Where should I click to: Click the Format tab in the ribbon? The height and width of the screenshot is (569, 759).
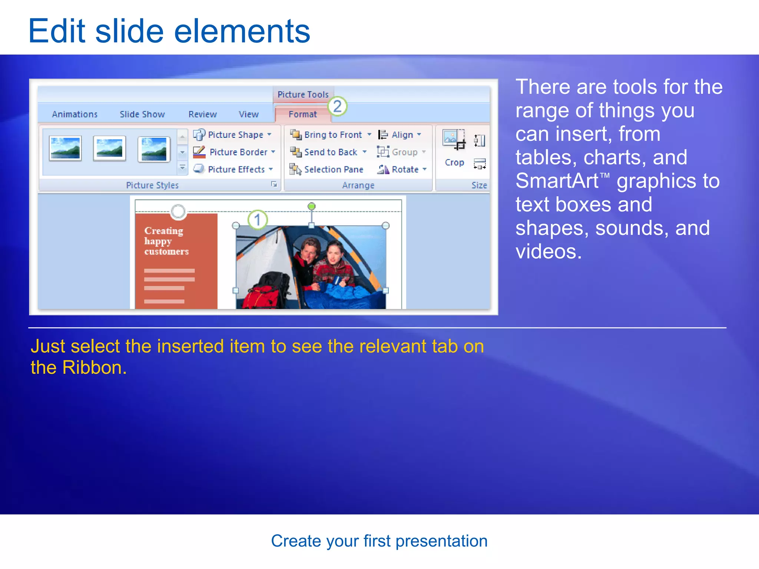coord(302,114)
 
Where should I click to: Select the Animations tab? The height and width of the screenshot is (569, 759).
coord(74,114)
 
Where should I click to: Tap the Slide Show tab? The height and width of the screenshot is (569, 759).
coord(142,114)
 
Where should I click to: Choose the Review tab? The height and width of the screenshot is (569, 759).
coord(202,114)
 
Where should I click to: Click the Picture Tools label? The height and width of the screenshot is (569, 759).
coord(303,94)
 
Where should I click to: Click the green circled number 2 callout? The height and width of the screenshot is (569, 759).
coord(337,107)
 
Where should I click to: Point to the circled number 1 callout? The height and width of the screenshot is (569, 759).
coord(258,220)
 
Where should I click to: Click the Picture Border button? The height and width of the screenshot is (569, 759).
coord(234,152)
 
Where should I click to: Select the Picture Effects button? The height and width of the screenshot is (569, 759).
coord(233,169)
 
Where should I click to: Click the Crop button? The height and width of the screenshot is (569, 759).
coord(454,148)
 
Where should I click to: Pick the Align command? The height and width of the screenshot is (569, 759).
coord(399,134)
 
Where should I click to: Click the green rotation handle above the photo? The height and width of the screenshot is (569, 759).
coord(312,206)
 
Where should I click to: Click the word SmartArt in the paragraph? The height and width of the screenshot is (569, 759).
coord(557,181)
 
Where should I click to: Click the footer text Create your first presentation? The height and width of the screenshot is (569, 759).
coord(379,541)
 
